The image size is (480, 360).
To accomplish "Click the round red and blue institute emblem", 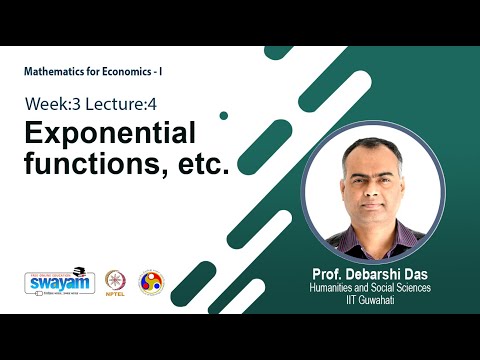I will (x=150, y=282).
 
